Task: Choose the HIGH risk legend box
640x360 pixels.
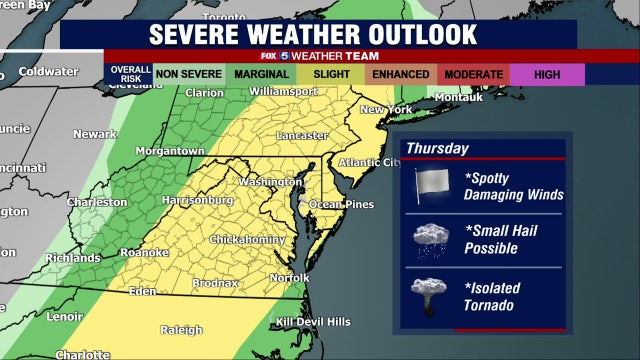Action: point(546,75)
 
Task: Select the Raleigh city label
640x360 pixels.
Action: point(181,329)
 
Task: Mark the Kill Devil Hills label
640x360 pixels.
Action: point(314,321)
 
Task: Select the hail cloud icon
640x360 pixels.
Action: point(432,239)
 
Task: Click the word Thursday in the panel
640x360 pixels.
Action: point(438,148)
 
